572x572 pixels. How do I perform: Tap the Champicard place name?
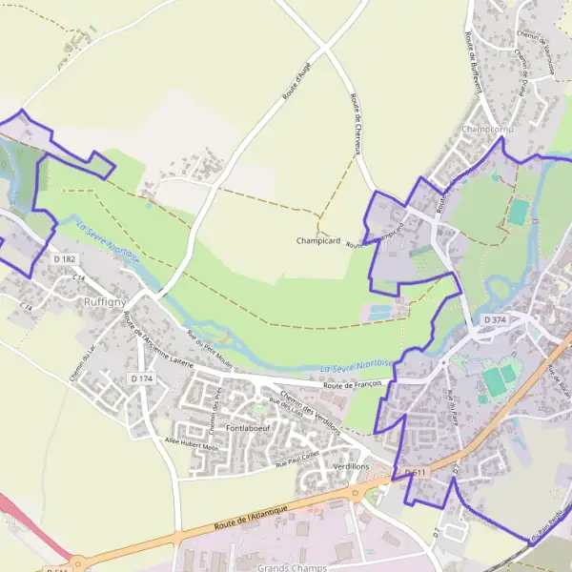tap(318, 240)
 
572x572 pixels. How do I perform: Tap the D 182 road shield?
tap(65, 259)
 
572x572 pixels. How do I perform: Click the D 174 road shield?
tap(141, 379)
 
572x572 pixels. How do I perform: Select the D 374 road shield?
tap(495, 318)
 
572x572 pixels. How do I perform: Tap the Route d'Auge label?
tap(296, 81)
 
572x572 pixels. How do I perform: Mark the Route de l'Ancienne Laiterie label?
tap(157, 339)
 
